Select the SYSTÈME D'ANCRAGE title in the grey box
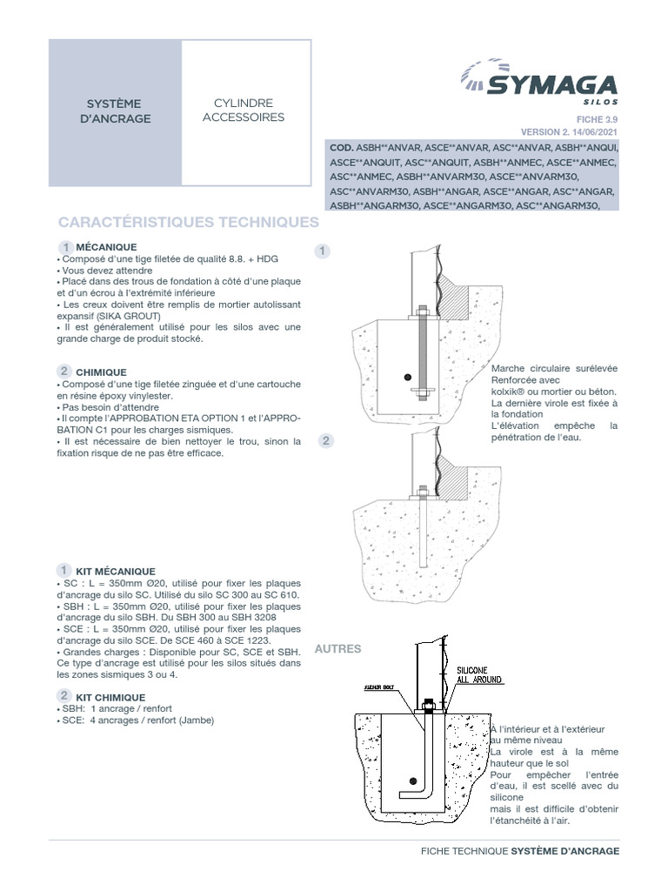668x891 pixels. point(115,111)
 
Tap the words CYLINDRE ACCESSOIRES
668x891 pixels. point(244,110)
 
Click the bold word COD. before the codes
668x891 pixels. point(340,148)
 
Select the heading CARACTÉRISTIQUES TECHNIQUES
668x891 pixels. point(188,223)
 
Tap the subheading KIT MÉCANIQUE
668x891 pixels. point(115,571)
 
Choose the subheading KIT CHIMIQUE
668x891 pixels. point(110,697)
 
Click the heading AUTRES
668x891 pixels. point(337,649)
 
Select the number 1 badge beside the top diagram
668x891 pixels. point(323,251)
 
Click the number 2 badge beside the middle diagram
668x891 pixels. point(326,440)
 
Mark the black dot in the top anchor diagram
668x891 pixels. point(406,377)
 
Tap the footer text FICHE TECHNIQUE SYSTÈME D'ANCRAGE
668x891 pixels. point(519,851)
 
